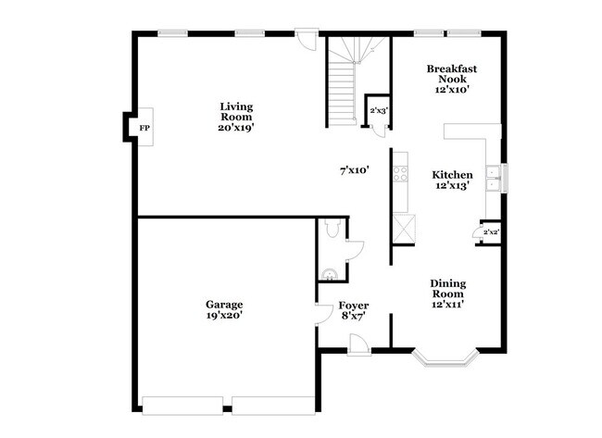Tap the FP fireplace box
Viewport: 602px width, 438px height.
pos(144,128)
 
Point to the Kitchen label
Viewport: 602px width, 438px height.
pos(453,175)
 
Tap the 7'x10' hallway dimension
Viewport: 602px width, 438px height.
pos(354,170)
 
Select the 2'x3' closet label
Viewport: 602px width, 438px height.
pos(379,111)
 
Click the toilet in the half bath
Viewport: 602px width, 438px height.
pos(333,232)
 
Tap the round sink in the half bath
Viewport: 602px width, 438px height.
pos(330,272)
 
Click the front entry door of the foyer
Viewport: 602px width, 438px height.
pos(358,344)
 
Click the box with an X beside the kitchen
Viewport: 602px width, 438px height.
pos(404,228)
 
